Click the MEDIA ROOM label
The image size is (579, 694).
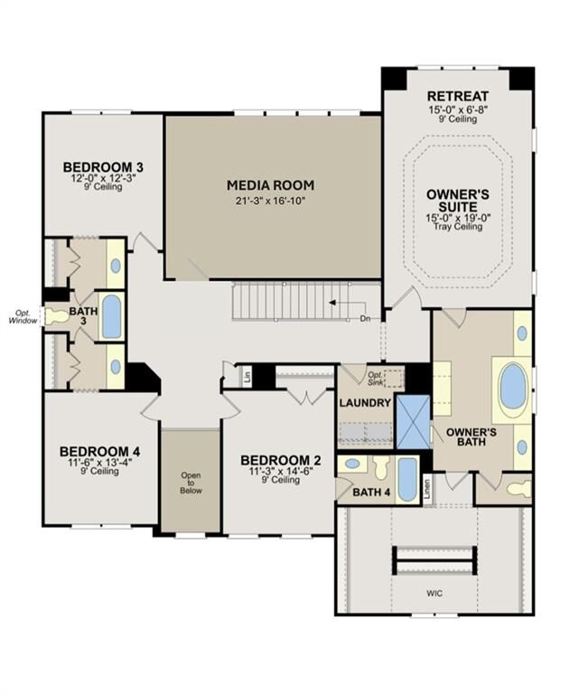271,184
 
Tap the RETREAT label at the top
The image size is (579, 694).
458,96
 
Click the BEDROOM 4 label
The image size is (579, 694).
99,451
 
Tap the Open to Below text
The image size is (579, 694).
190,483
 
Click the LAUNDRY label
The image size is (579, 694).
364,402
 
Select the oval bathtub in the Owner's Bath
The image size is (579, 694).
512,387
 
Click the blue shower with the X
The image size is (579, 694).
413,421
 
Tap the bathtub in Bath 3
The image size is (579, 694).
111,316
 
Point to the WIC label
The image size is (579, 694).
435,594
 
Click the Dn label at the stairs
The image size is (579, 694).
365,319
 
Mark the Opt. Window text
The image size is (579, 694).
23,316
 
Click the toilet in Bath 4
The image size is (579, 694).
379,466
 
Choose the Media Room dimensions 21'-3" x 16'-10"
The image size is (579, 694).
271,200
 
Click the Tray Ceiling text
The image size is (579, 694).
458,227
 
